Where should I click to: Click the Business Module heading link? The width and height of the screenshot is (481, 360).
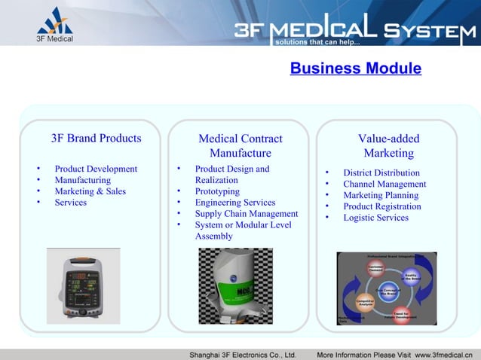355,69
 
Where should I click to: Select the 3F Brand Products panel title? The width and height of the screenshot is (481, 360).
96,139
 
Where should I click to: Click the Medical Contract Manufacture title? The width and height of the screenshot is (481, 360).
240,146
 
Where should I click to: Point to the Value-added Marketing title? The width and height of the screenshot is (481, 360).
388,146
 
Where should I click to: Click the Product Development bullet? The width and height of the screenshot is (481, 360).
96,169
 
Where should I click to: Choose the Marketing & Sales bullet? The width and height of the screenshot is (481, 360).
90,191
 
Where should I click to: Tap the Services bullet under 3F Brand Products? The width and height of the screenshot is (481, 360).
70,203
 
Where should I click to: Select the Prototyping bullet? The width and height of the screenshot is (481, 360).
217,191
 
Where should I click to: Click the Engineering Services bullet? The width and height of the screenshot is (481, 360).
234,203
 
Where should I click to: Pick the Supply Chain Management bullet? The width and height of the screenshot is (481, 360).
247,214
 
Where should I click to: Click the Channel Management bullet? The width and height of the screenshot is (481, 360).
384,185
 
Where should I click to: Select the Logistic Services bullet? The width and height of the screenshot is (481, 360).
375,218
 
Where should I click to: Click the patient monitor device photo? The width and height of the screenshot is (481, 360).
73,286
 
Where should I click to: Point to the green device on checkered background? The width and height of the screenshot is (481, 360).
239,286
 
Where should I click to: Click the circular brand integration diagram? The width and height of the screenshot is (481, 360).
386,289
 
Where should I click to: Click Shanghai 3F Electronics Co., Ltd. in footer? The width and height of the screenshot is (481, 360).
242,354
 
